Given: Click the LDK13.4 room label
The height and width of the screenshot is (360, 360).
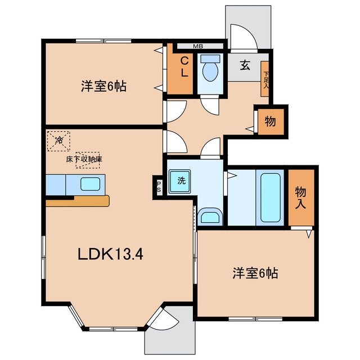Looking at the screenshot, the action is [x=110, y=254].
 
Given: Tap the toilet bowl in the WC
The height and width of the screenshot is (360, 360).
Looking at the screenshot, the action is [x=210, y=71].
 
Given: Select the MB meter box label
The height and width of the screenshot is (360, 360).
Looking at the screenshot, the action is [x=198, y=46].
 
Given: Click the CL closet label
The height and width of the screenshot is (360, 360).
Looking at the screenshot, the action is [x=184, y=67].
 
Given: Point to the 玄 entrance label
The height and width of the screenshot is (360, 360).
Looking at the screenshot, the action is [x=245, y=65].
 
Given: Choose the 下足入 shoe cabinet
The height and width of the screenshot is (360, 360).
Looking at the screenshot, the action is [x=265, y=79].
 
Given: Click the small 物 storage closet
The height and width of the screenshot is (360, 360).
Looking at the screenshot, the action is [x=271, y=121].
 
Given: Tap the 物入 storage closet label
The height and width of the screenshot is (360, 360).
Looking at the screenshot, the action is [x=300, y=197].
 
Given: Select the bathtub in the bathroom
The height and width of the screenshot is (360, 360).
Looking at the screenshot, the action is [x=270, y=197].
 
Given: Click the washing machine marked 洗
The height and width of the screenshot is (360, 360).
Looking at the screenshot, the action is [x=180, y=181].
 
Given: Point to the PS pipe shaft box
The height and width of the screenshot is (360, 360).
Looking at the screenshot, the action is [x=159, y=186].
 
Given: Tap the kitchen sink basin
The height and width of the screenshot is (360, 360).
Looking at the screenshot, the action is [x=90, y=184].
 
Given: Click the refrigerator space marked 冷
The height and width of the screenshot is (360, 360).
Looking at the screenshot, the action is [x=58, y=141].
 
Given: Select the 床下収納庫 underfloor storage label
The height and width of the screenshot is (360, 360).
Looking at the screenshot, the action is [x=84, y=159].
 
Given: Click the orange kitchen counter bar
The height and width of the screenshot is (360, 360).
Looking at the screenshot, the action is [x=78, y=201].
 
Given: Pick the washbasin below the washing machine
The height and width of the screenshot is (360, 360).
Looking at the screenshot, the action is [x=210, y=217].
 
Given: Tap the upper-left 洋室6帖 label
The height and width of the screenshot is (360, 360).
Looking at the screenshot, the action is [x=103, y=87].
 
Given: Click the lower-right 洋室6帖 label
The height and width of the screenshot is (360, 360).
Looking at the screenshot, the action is [x=255, y=273].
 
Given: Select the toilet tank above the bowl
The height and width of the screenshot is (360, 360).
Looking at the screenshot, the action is [x=210, y=58].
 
